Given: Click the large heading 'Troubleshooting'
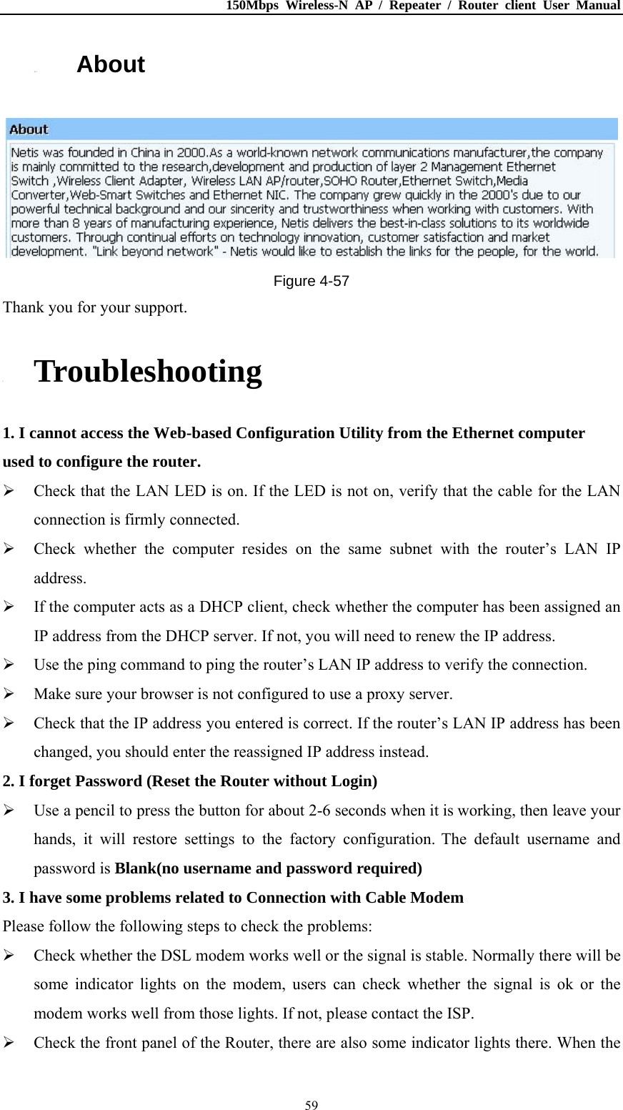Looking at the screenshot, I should click(x=148, y=372).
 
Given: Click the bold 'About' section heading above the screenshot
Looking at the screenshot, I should click(x=111, y=64).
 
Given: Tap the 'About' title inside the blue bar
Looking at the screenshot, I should click(x=29, y=129).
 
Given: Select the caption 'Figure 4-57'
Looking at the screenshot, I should click(x=311, y=281).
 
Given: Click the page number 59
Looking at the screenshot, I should click(x=311, y=1105).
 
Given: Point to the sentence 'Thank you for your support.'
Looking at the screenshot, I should click(x=95, y=307).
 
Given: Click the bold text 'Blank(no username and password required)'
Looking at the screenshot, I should click(x=268, y=868).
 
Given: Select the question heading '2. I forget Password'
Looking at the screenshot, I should click(x=189, y=781).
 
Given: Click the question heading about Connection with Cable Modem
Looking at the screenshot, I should click(x=233, y=897).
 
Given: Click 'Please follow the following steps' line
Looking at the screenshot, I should click(x=187, y=926).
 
